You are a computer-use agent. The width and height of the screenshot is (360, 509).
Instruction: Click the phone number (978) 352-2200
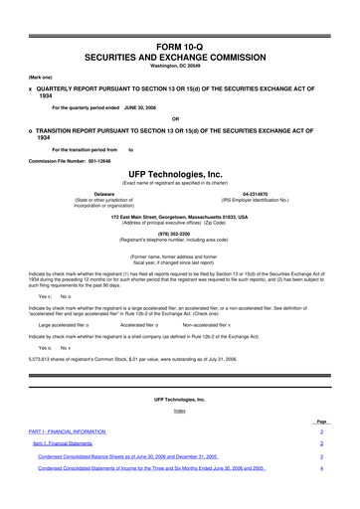click(180, 235)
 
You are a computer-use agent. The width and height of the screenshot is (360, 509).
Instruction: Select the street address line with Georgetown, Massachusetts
click(180, 216)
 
